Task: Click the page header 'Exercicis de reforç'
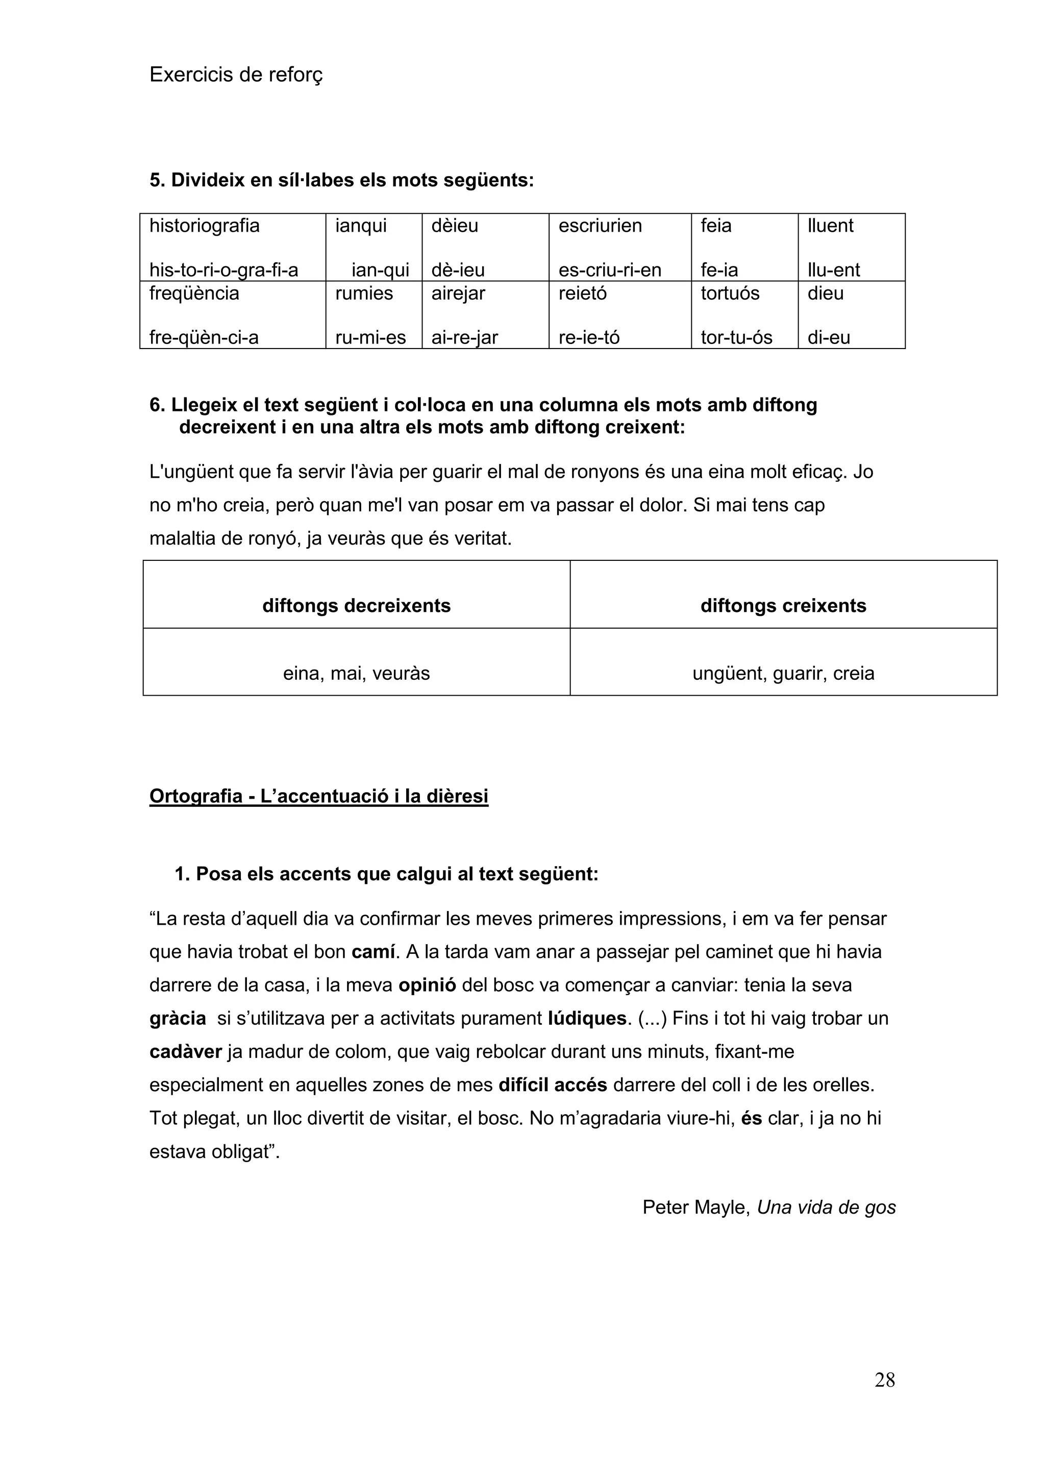click(236, 76)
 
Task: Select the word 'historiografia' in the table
click(204, 226)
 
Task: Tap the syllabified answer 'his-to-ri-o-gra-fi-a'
click(223, 270)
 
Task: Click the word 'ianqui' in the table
click(360, 226)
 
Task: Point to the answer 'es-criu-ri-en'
click(609, 270)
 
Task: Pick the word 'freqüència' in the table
click(194, 293)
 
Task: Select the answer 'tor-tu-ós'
click(736, 337)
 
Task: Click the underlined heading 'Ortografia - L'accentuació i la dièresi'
click(318, 796)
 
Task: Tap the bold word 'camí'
click(372, 952)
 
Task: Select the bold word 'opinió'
click(427, 986)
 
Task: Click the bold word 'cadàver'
click(185, 1052)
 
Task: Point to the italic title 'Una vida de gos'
click(826, 1207)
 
